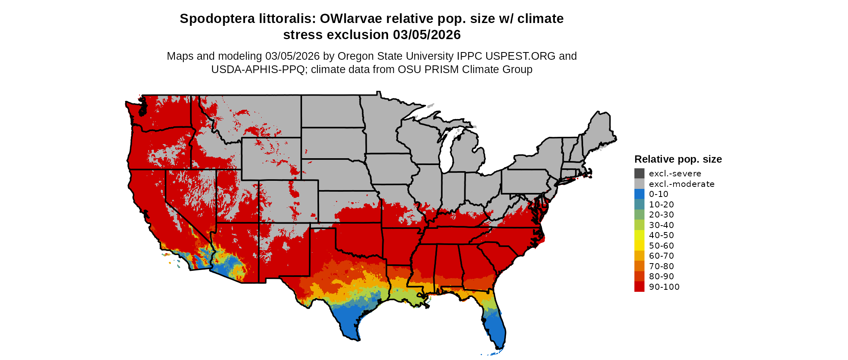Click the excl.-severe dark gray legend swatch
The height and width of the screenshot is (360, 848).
[639, 174]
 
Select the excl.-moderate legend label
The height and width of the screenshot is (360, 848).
[682, 184]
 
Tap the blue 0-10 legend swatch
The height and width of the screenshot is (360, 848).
[639, 194]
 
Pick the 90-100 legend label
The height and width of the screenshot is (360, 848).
[664, 287]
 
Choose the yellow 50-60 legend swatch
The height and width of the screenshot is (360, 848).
[639, 245]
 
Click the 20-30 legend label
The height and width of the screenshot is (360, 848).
[661, 215]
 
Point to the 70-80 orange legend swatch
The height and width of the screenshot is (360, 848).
[639, 266]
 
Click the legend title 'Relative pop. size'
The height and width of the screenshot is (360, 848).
[678, 159]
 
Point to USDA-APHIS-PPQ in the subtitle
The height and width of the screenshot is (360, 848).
[258, 69]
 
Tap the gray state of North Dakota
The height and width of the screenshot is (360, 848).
[331, 111]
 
